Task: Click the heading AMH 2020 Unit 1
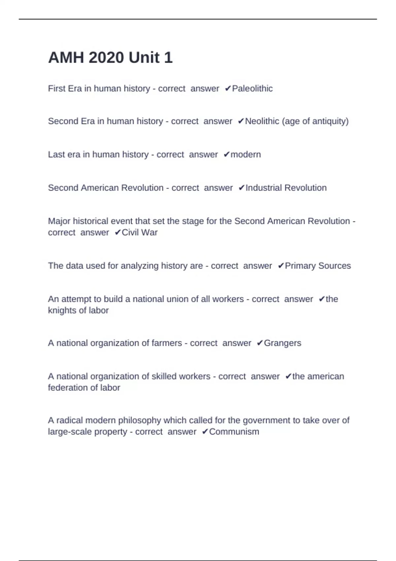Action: (110, 58)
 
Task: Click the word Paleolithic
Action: (252, 88)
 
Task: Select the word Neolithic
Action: (262, 121)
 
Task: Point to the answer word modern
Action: (246, 154)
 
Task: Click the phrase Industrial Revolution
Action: (286, 188)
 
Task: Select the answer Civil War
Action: (140, 232)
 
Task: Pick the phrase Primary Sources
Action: (317, 266)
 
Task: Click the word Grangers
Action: (282, 343)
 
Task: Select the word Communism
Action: (234, 432)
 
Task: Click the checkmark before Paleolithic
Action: (228, 88)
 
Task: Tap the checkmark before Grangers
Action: (259, 343)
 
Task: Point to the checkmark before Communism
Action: (205, 432)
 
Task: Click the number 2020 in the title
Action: (106, 58)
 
